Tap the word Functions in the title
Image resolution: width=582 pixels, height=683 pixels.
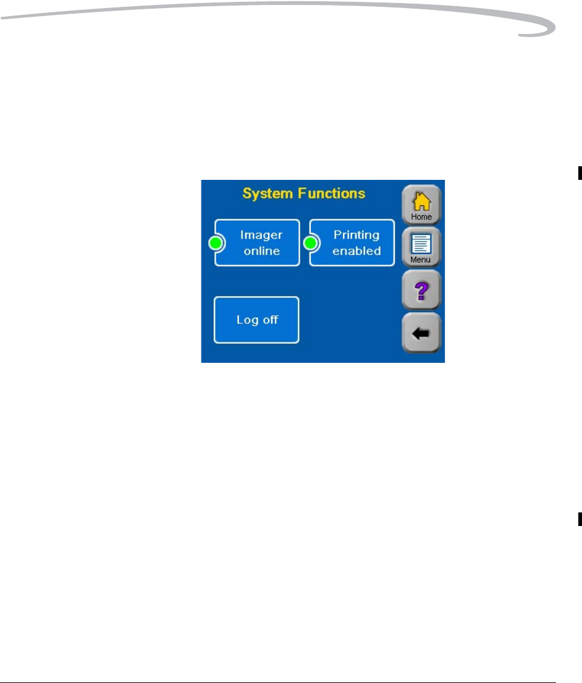coord(332,193)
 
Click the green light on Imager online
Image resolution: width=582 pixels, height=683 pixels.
coord(216,244)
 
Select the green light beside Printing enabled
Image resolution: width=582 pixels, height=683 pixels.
coord(310,244)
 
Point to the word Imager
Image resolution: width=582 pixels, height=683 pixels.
coord(261,235)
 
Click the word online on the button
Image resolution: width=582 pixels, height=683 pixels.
coord(261,251)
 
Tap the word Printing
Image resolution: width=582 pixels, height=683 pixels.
coord(356,235)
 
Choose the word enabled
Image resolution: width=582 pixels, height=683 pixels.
coord(356,251)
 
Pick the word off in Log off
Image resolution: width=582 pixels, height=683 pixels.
coord(270,320)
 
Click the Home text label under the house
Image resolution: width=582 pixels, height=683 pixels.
coord(421,217)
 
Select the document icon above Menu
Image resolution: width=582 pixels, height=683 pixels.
coord(421,244)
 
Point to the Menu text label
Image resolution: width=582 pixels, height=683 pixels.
coord(421,260)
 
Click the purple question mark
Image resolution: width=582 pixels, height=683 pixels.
coord(421,289)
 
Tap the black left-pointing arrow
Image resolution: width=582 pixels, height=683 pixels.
coord(421,333)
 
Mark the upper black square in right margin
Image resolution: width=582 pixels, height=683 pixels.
coord(580,173)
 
